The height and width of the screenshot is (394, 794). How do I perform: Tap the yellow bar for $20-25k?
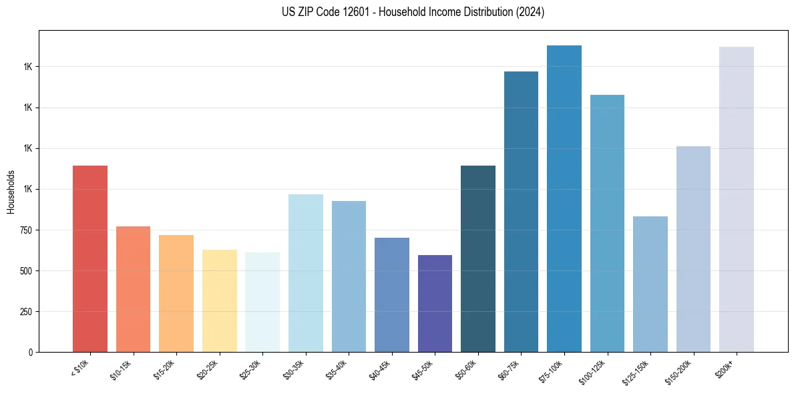(219, 301)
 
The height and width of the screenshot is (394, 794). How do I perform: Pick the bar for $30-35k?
(305, 273)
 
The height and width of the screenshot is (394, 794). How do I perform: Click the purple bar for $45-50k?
(435, 303)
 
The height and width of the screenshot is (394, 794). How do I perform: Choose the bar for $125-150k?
(650, 284)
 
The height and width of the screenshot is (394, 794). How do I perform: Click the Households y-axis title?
(11, 192)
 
